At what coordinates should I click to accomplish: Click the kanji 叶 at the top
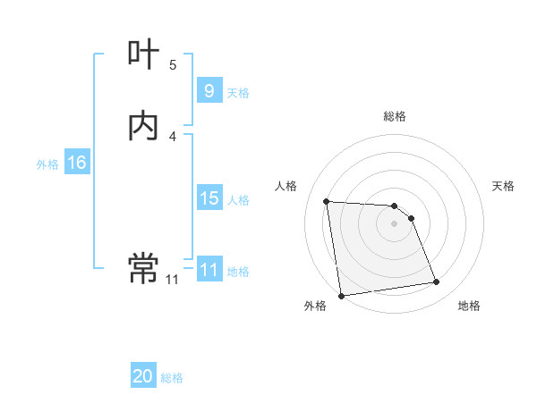click(143, 55)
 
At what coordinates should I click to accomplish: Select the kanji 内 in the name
click(143, 126)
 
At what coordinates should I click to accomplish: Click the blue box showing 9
click(209, 91)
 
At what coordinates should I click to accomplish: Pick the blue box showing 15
click(209, 198)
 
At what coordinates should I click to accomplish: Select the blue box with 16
click(76, 163)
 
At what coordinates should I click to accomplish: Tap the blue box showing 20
click(143, 377)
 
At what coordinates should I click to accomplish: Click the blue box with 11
click(209, 270)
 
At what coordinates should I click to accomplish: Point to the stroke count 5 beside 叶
click(173, 64)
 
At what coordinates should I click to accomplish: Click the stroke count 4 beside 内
click(173, 136)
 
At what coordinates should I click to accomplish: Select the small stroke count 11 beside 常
click(172, 280)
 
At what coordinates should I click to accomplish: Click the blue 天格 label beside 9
click(238, 93)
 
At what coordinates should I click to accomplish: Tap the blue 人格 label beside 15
click(238, 200)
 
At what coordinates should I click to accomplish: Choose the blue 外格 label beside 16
click(47, 164)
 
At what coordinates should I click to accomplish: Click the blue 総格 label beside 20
click(172, 379)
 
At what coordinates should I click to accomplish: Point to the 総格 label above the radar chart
click(395, 116)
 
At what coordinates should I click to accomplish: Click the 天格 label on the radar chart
click(503, 186)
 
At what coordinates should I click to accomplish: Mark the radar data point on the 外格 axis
click(341, 295)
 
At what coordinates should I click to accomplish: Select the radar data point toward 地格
click(437, 282)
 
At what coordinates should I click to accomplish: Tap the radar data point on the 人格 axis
click(327, 201)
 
